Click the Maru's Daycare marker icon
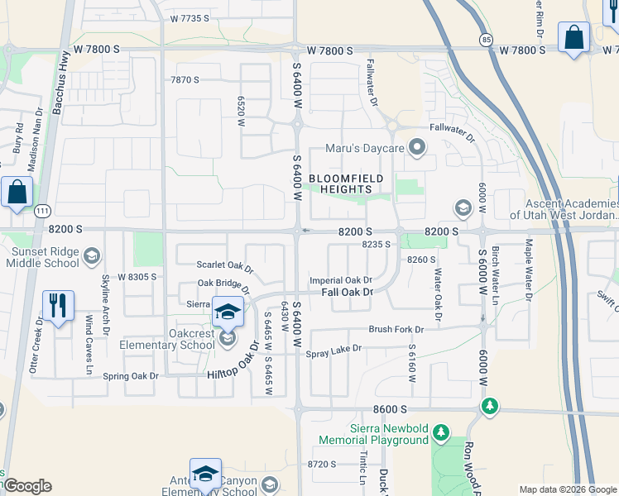tap(418, 149)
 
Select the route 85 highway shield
tap(486, 39)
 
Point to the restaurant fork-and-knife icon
tap(58, 307)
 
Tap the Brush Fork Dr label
tap(395, 329)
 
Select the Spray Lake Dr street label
tap(334, 349)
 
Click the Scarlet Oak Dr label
tap(224, 265)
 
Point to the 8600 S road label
tap(391, 409)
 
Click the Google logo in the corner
tap(27, 486)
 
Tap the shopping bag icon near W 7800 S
tap(573, 37)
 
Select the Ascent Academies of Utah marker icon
tap(463, 207)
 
